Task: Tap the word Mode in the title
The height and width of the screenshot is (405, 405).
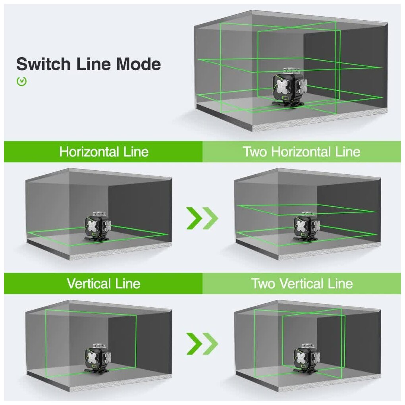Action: (139, 64)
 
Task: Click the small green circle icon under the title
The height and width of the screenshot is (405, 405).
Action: (22, 81)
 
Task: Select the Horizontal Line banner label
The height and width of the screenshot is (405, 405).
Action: (104, 152)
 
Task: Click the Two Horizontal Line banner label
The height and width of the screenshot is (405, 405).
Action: (301, 152)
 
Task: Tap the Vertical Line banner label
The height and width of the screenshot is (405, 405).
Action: (104, 283)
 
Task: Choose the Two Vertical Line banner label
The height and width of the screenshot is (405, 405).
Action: (302, 283)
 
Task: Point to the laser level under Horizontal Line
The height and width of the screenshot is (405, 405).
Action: (98, 228)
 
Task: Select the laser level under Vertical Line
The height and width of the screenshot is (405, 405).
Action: (98, 359)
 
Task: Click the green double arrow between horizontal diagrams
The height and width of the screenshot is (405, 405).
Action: (202, 218)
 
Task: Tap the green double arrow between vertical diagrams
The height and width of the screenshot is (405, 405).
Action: (202, 343)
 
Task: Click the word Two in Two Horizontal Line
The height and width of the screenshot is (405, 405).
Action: (255, 152)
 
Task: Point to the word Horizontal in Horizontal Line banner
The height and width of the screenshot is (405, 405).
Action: (89, 152)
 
